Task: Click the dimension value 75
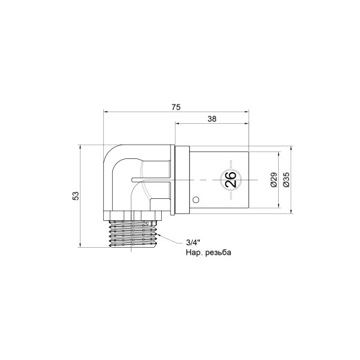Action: pyautogui.click(x=176, y=107)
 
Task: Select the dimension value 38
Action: pyautogui.click(x=212, y=119)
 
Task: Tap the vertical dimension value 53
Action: pyautogui.click(x=76, y=195)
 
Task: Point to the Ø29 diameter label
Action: pyautogui.click(x=274, y=180)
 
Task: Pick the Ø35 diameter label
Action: pyautogui.click(x=286, y=180)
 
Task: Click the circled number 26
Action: pyautogui.click(x=231, y=180)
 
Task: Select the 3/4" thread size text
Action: pyautogui.click(x=193, y=242)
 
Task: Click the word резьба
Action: pyautogui.click(x=218, y=253)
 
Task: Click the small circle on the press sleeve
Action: pyautogui.click(x=195, y=200)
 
